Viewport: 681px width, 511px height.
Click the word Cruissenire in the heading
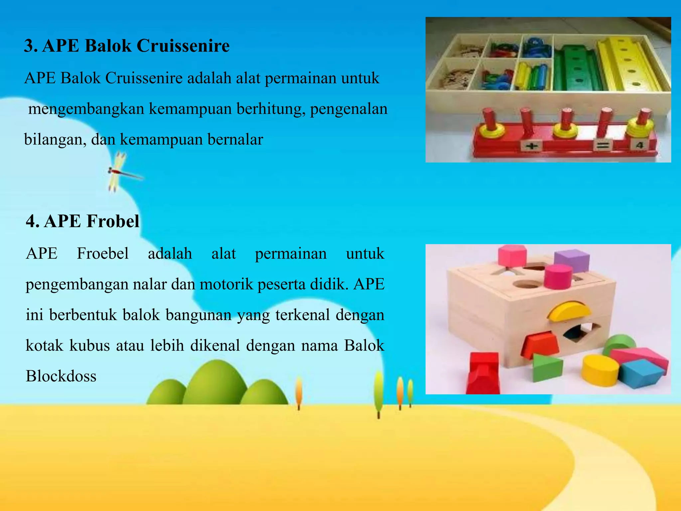183,46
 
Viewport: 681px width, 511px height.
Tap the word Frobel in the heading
113,221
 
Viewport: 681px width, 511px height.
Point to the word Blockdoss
61,376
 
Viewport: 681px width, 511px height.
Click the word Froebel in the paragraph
103,254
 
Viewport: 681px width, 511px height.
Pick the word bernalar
235,139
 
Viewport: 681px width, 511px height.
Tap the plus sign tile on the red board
531,146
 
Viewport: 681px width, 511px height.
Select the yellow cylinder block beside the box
600,370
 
